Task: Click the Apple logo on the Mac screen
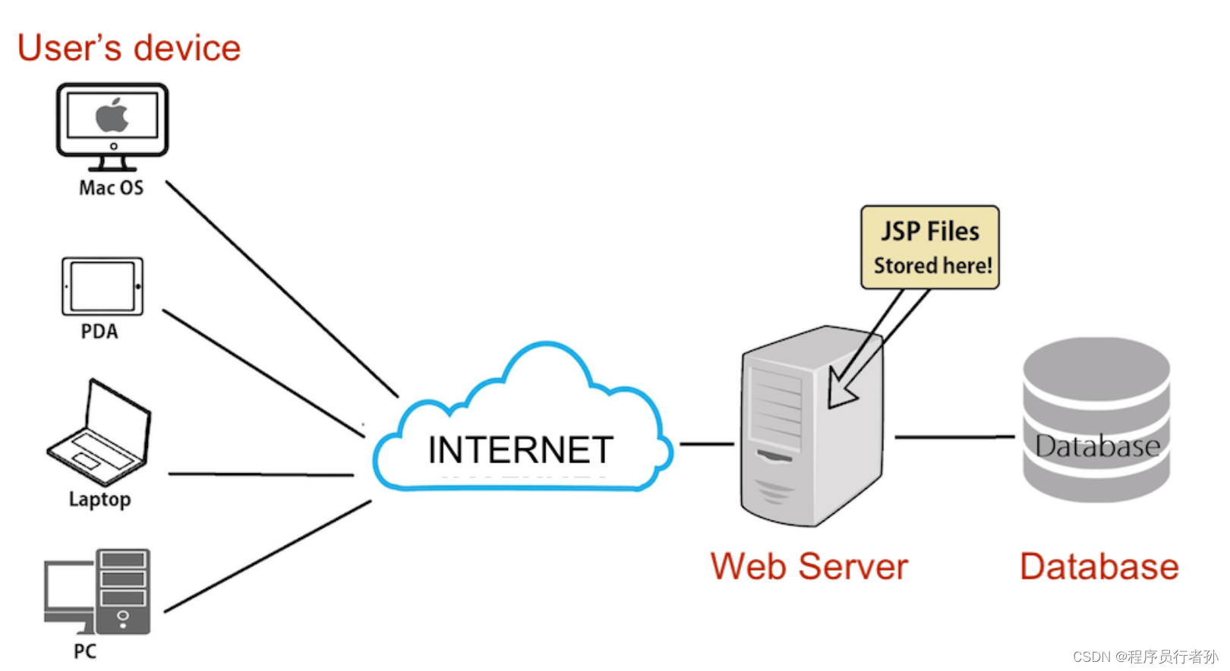pos(112,115)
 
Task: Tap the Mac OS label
pos(111,187)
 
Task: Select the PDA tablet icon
pos(102,286)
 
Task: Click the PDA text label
pos(99,332)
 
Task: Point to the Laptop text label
pos(99,499)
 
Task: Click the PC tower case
pos(123,591)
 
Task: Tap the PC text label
pos(85,651)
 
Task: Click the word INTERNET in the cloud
pos(520,450)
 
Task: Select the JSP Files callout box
pos(929,247)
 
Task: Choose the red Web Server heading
pos(809,567)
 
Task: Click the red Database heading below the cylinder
pos(1099,567)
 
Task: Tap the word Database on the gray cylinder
pos(1097,446)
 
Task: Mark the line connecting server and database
pos(954,437)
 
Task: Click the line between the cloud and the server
pos(706,443)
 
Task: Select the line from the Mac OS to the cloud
pos(281,288)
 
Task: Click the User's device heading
pos(129,48)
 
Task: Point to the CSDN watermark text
pos(1144,657)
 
